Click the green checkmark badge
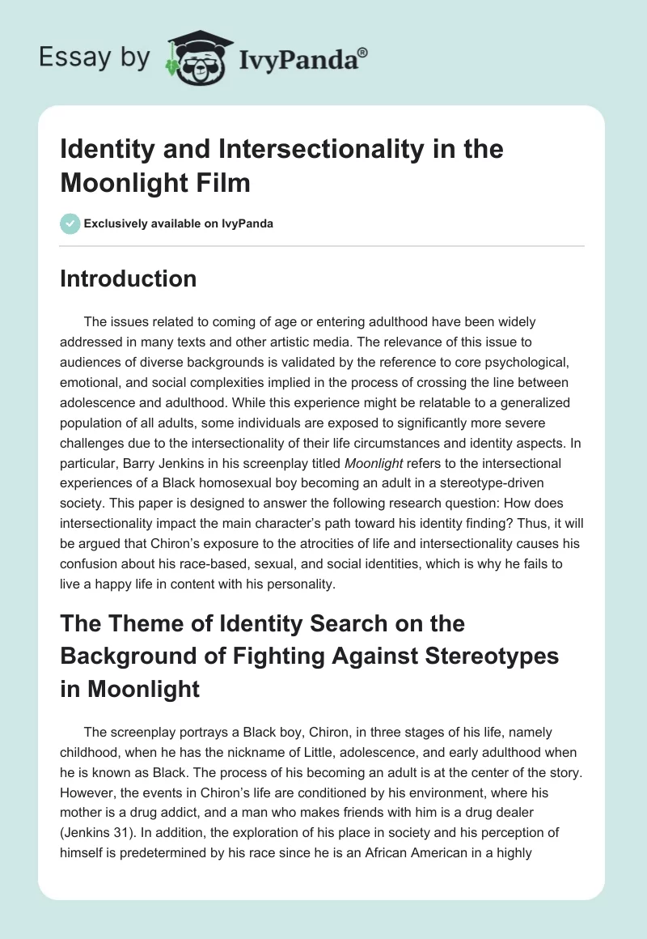70,224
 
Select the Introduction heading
129,279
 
